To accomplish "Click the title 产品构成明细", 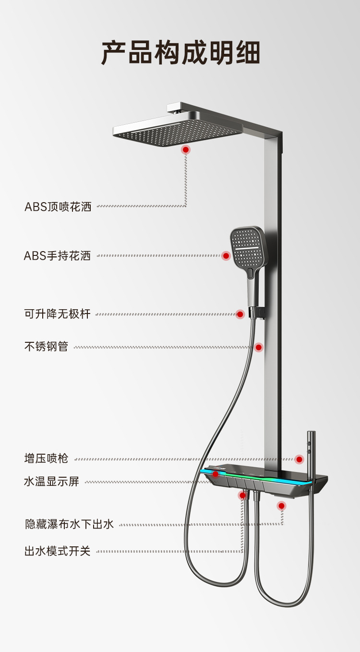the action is click(180, 53).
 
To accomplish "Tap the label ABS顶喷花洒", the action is click(58, 207).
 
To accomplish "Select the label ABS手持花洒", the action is click(57, 255).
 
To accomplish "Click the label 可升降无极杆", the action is click(57, 314).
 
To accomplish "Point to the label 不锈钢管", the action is click(47, 347).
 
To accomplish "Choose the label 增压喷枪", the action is click(47, 459).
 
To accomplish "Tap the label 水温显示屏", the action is click(52, 481).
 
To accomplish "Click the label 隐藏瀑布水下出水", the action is click(69, 524).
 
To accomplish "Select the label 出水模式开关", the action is click(57, 551).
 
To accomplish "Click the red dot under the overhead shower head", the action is click(186, 150).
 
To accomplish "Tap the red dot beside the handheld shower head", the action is click(226, 255).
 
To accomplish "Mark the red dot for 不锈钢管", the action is click(259, 347).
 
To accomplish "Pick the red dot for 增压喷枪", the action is click(300, 459).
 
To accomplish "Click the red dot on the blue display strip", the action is click(216, 474).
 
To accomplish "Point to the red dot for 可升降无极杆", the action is click(240, 314).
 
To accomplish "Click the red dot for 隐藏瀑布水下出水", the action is click(281, 506).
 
